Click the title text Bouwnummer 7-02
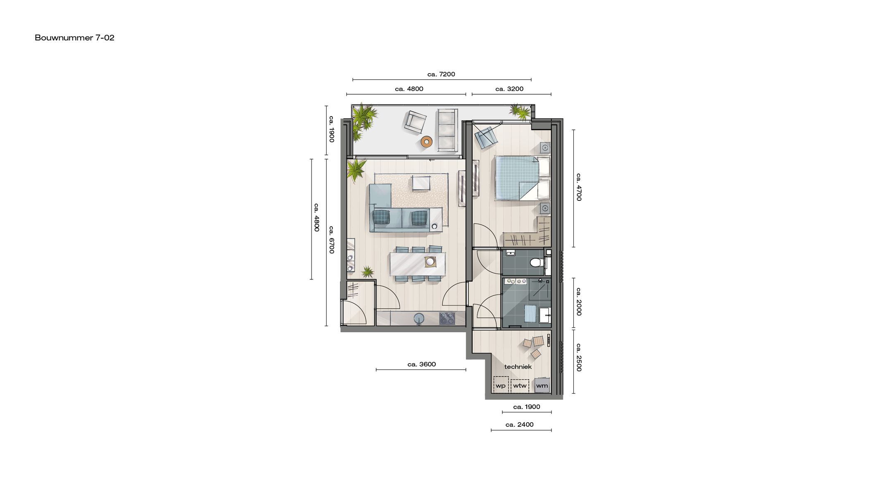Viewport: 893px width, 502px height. tap(74, 38)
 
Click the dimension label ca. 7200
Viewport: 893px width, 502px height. tap(441, 74)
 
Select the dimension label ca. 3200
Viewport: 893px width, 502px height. tap(509, 89)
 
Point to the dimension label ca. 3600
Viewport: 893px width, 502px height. tap(421, 364)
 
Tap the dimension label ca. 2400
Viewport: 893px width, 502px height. tap(519, 425)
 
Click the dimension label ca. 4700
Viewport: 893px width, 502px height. tap(579, 187)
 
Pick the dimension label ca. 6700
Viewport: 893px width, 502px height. tap(332, 240)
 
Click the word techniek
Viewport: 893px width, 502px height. tap(518, 367)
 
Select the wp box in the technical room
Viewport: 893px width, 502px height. tap(501, 385)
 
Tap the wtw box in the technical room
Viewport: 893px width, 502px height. tap(520, 385)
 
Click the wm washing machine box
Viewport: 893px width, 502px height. tap(542, 385)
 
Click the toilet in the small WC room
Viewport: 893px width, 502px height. tap(536, 262)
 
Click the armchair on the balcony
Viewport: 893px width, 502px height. tap(415, 122)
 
